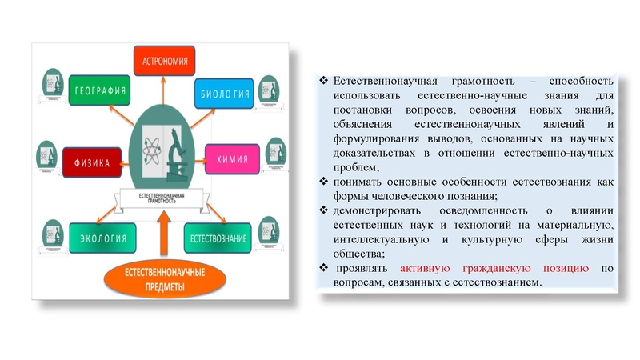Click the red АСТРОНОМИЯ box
pos(166,61)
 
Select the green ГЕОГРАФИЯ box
pos(99,90)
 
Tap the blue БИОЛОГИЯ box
pos(224,92)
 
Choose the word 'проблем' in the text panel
pos(355,167)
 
